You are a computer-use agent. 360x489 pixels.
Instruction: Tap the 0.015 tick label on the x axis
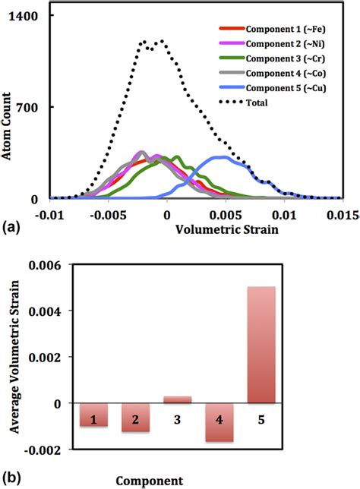[343, 213]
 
